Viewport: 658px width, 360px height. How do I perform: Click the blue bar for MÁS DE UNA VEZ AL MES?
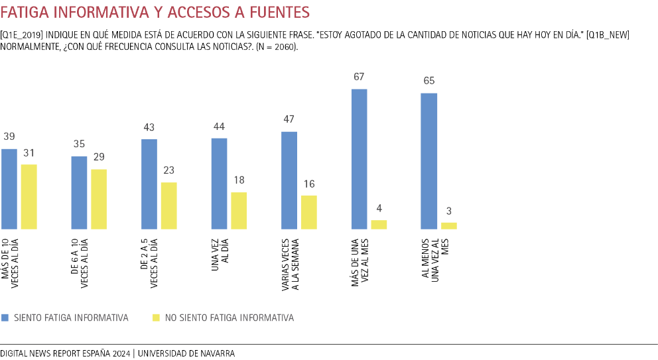tap(359, 159)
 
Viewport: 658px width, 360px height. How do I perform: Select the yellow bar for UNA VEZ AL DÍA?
tap(239, 211)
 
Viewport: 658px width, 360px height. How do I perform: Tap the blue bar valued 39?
tap(9, 189)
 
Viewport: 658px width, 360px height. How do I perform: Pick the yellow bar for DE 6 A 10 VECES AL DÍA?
tap(99, 200)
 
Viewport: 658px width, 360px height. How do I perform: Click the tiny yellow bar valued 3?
tap(449, 226)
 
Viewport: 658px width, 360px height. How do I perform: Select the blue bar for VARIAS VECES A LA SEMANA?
tap(289, 180)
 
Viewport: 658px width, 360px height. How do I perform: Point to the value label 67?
tap(359, 77)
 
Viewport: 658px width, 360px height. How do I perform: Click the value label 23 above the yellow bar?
tap(169, 170)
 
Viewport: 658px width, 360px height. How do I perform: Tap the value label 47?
tap(289, 120)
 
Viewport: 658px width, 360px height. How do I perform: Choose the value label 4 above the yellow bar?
tap(379, 208)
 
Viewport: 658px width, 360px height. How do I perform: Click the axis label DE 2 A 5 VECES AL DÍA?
tap(150, 261)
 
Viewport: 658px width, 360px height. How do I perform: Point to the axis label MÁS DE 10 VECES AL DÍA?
tap(11, 264)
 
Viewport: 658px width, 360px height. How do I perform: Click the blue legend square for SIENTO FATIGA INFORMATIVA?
tap(5, 318)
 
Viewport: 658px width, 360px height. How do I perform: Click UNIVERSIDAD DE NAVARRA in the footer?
tap(186, 353)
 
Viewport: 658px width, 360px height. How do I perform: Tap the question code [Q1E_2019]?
tap(23, 34)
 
